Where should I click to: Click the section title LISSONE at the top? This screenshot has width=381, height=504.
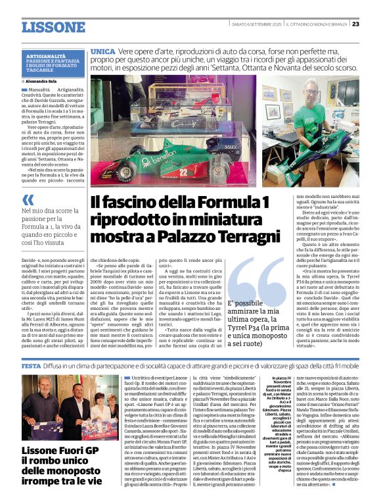click(53, 27)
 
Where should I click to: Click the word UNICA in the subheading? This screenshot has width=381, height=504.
click(103, 51)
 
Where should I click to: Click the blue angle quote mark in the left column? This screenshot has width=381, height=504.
click(27, 199)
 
